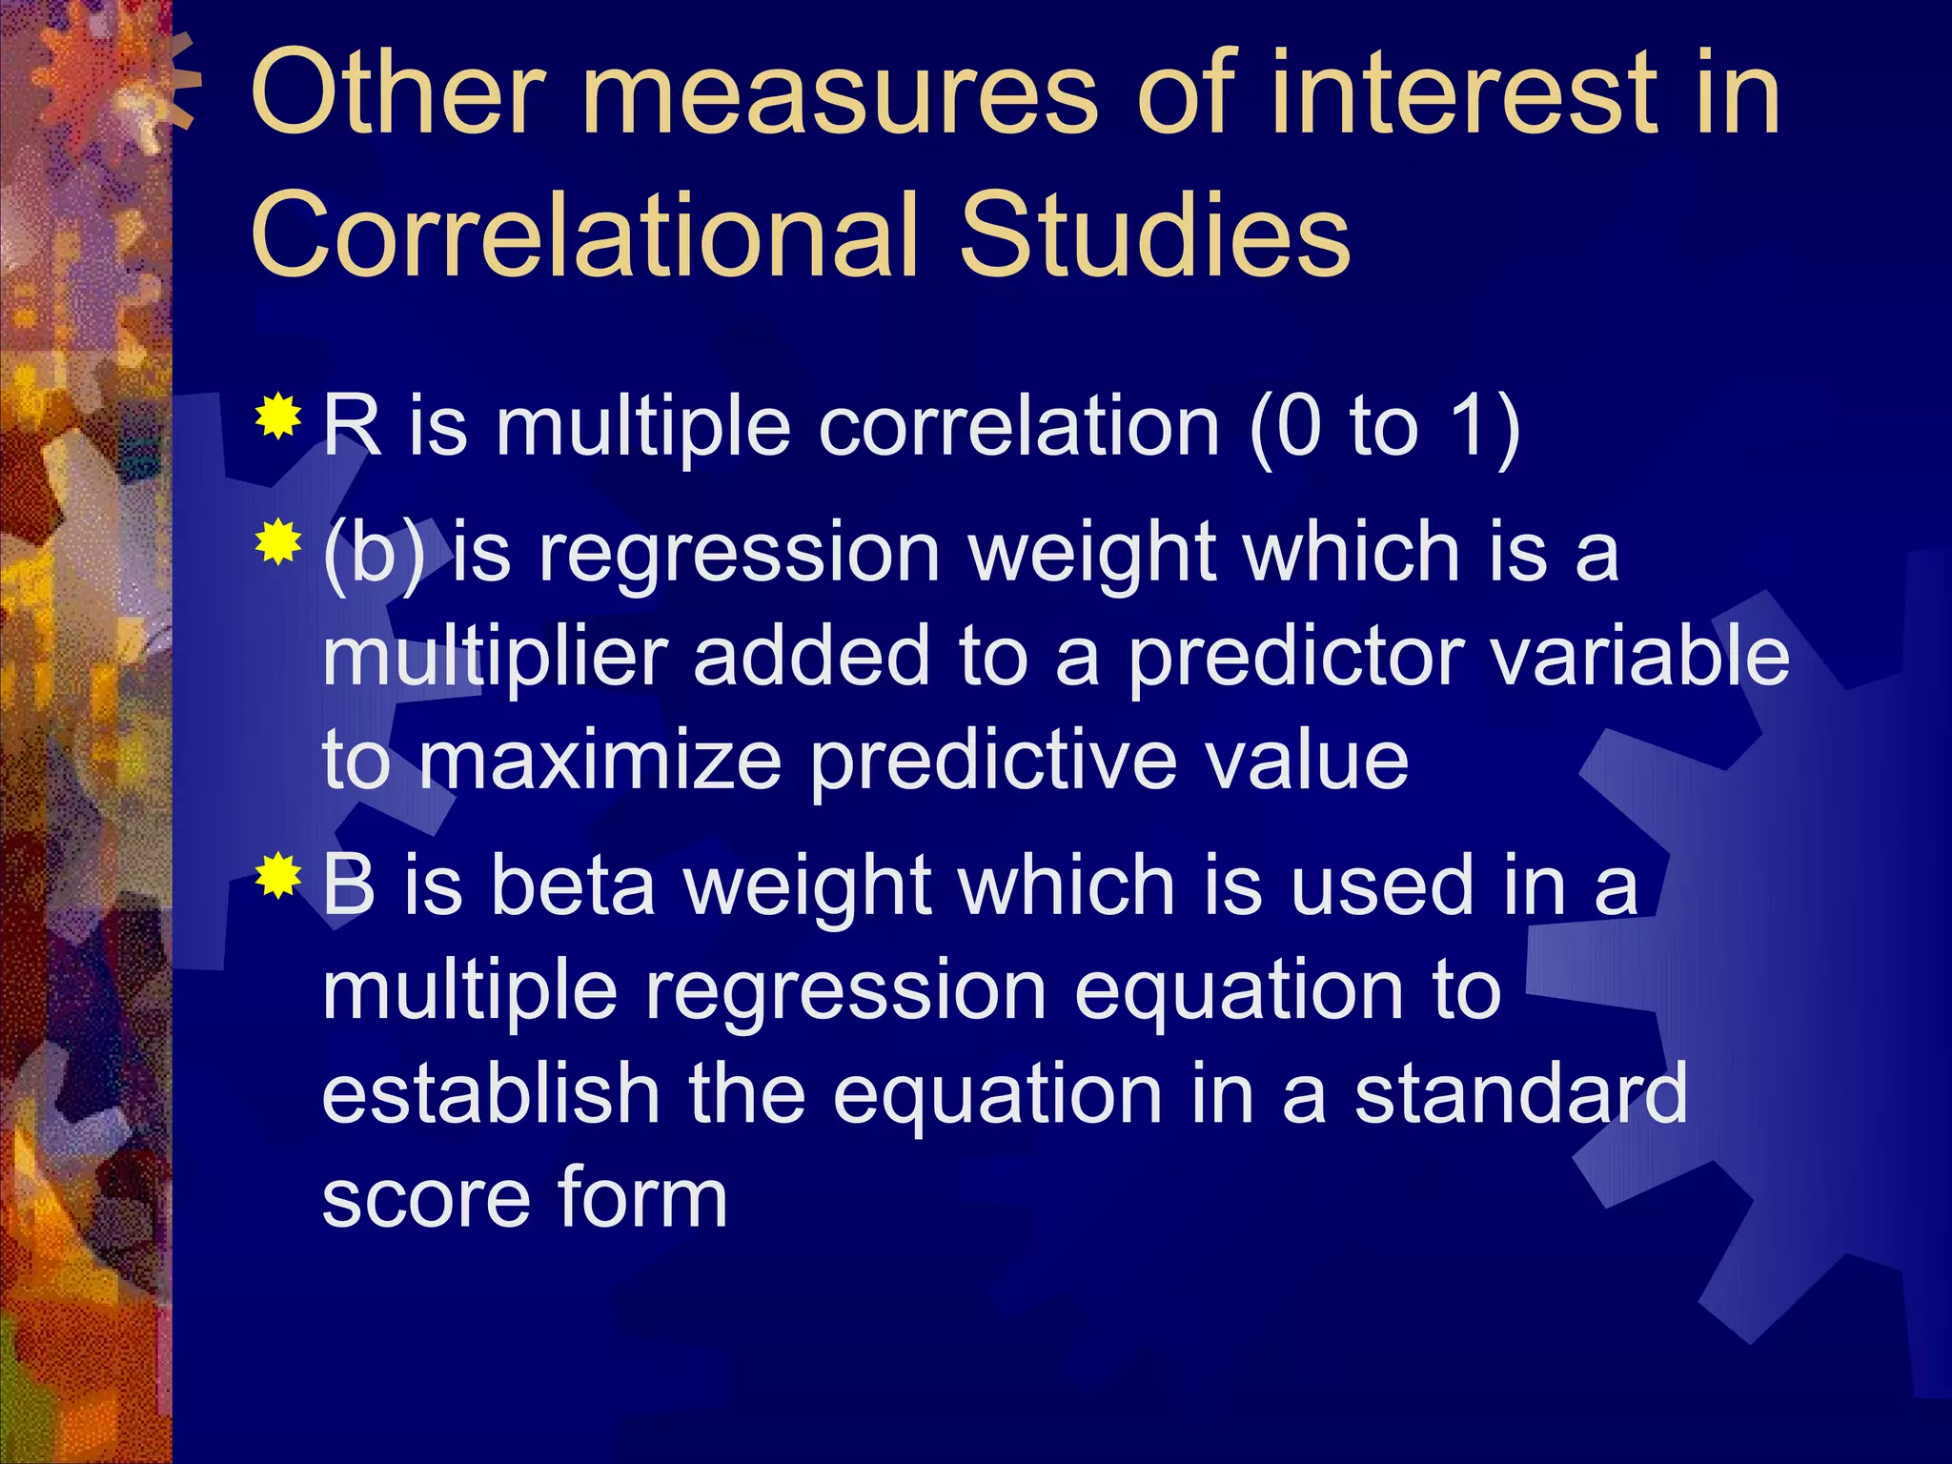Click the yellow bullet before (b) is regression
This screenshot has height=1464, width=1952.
point(278,543)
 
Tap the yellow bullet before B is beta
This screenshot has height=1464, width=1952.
point(278,877)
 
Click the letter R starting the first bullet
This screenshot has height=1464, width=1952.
point(351,426)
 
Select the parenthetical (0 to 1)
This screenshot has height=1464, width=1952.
point(1384,428)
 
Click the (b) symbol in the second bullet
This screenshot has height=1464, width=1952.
point(374,555)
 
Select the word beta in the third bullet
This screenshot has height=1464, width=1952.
point(573,886)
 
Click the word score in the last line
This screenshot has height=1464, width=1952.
point(424,1199)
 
